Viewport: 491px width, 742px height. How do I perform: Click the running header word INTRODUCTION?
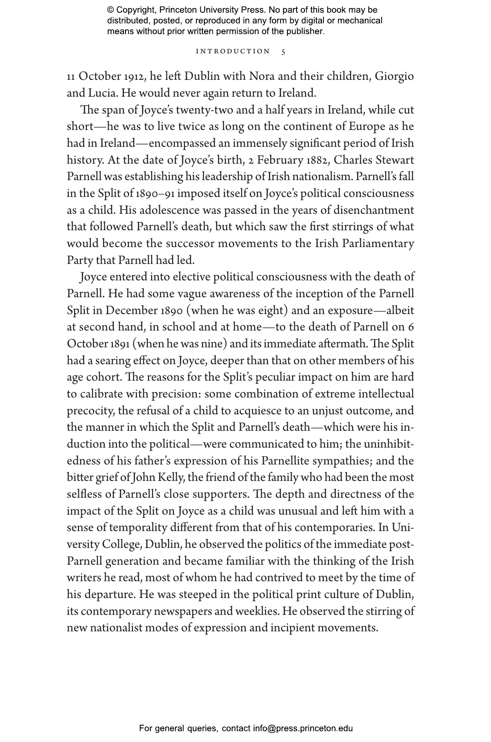(x=233, y=51)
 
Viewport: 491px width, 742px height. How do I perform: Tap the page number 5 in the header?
(x=283, y=52)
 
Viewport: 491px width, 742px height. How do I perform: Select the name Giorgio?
(x=394, y=76)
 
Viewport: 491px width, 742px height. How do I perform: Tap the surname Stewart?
(x=395, y=160)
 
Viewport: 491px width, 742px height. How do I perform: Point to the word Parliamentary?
(x=378, y=243)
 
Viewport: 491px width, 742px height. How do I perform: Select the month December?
(x=131, y=310)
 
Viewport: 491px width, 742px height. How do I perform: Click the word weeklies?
(x=261, y=611)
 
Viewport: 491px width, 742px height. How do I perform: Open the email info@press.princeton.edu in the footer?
(x=303, y=728)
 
